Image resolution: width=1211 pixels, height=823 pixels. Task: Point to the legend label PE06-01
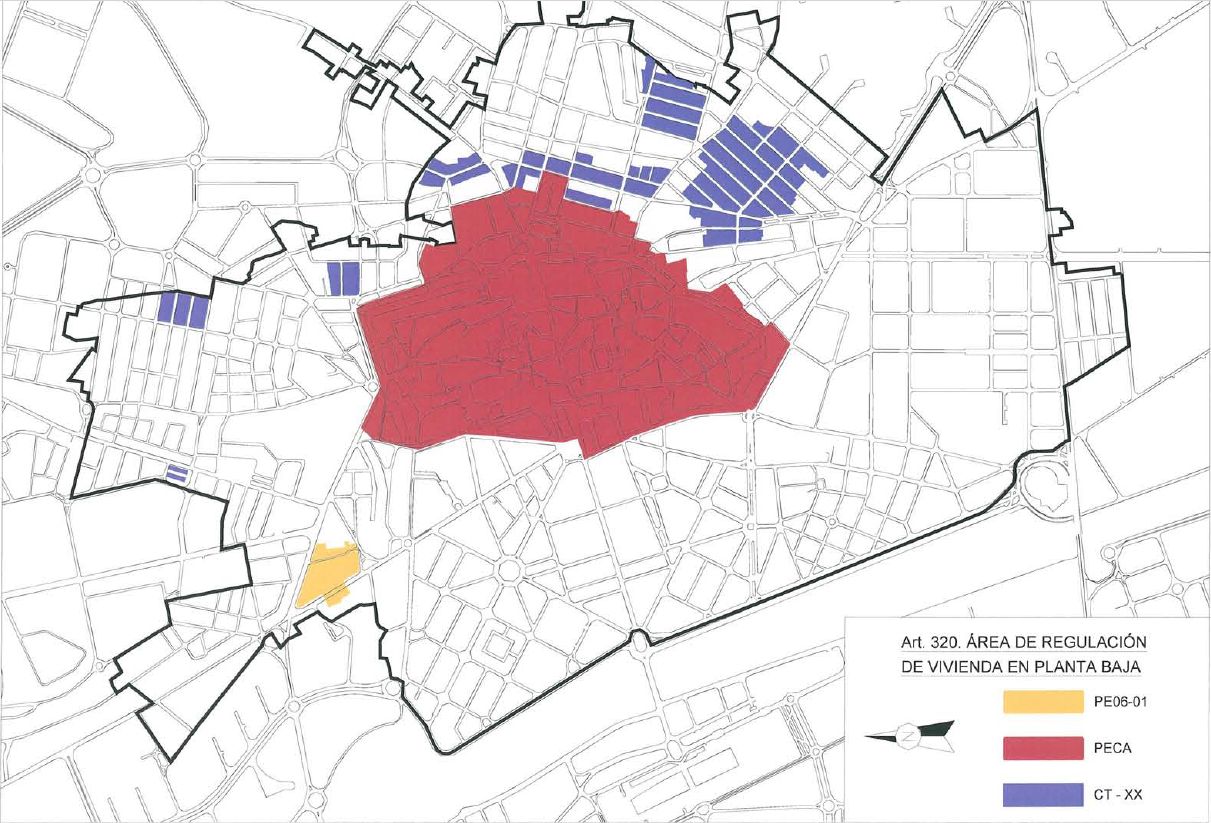1114,702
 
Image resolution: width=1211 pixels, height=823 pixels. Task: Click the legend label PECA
1106,748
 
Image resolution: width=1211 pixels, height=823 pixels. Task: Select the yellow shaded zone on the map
327,574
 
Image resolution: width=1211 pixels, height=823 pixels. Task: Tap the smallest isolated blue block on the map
178,474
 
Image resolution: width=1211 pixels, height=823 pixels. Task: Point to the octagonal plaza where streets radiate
508,570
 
